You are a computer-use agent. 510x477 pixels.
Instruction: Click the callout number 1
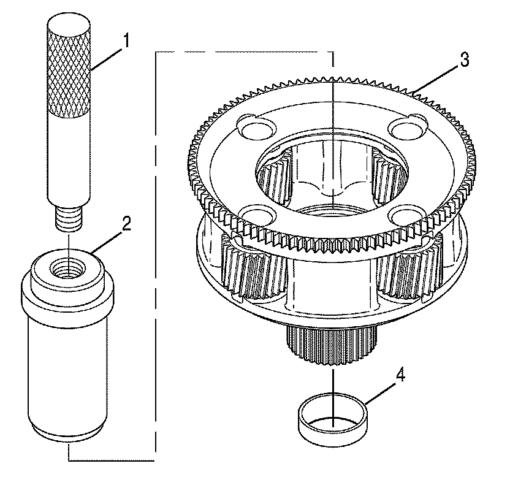coord(127,42)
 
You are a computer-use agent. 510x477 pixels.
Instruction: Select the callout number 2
coord(127,224)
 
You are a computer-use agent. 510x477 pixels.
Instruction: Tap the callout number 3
coord(465,60)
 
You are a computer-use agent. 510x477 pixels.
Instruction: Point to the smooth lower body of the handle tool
coord(68,159)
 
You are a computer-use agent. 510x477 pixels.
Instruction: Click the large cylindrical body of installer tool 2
coord(66,368)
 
